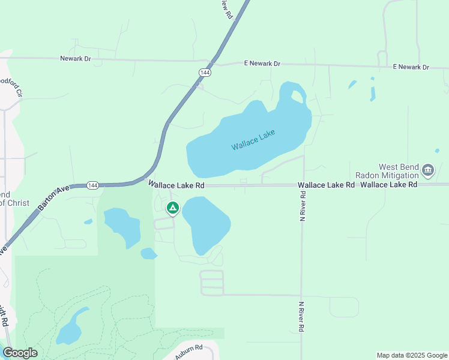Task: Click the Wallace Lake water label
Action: (253, 140)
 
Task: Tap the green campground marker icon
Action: (173, 209)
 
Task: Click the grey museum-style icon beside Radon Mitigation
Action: (428, 171)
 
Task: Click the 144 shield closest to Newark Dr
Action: (205, 72)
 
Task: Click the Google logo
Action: (20, 353)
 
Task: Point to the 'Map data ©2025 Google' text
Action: (411, 355)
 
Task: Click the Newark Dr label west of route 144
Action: (75, 58)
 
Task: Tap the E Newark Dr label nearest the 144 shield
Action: (262, 63)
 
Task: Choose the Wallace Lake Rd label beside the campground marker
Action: (176, 185)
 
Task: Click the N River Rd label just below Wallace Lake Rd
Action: (303, 204)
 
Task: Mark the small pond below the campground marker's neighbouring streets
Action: (148, 254)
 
